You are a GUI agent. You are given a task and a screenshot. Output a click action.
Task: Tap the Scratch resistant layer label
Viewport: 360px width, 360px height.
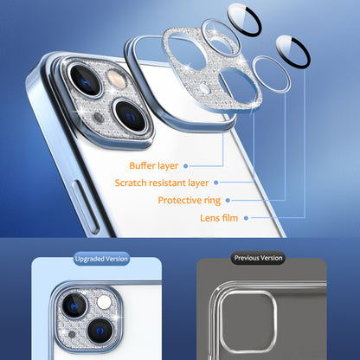163,183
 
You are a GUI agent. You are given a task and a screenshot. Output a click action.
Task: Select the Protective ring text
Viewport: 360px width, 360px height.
188,201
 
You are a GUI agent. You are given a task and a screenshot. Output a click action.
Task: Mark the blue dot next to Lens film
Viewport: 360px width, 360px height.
247,218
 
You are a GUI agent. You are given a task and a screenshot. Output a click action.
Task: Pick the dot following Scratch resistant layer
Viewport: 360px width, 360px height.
216,183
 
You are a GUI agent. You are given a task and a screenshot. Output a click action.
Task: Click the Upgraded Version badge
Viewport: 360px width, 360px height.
101,259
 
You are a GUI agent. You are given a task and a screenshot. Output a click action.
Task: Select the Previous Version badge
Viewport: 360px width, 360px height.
257,258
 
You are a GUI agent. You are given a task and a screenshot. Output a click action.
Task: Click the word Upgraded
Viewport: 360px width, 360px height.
89,259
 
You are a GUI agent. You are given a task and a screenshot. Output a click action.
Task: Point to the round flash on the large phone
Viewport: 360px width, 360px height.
117,80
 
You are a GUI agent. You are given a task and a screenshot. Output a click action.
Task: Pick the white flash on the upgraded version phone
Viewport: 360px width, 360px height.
103,300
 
